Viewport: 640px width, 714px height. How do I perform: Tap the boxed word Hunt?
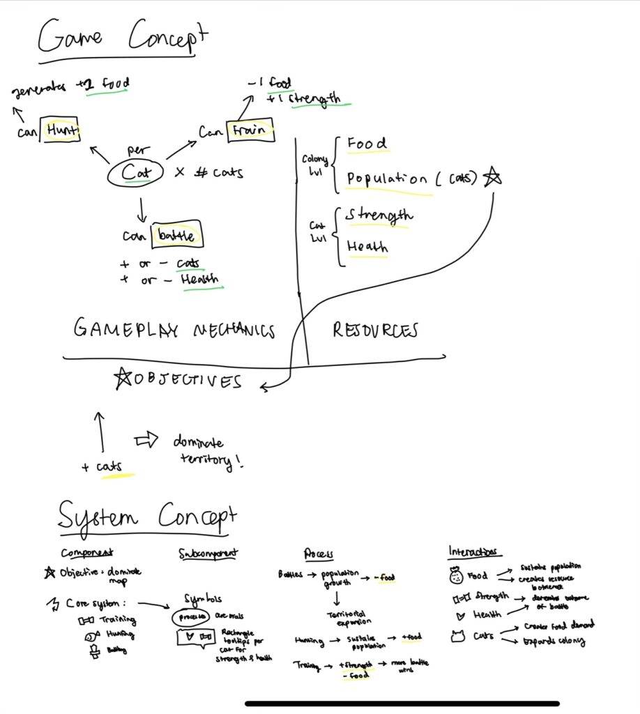61,130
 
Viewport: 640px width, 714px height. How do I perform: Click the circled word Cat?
135,172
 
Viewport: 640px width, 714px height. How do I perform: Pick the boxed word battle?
177,236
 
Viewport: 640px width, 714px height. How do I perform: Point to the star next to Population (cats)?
492,178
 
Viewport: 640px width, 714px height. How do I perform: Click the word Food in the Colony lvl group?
367,144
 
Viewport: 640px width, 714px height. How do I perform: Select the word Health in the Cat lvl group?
367,247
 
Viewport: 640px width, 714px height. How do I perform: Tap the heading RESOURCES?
374,330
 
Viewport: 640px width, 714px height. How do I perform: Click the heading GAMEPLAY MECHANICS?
174,330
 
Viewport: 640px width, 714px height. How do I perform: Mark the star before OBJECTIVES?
122,379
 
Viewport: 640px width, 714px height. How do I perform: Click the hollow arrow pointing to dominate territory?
147,441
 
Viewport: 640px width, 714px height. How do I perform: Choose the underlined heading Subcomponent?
208,554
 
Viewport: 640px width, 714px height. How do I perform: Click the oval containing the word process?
190,616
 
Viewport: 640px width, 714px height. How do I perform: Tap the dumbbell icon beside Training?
86,619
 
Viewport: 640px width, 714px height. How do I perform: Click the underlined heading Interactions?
473,552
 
